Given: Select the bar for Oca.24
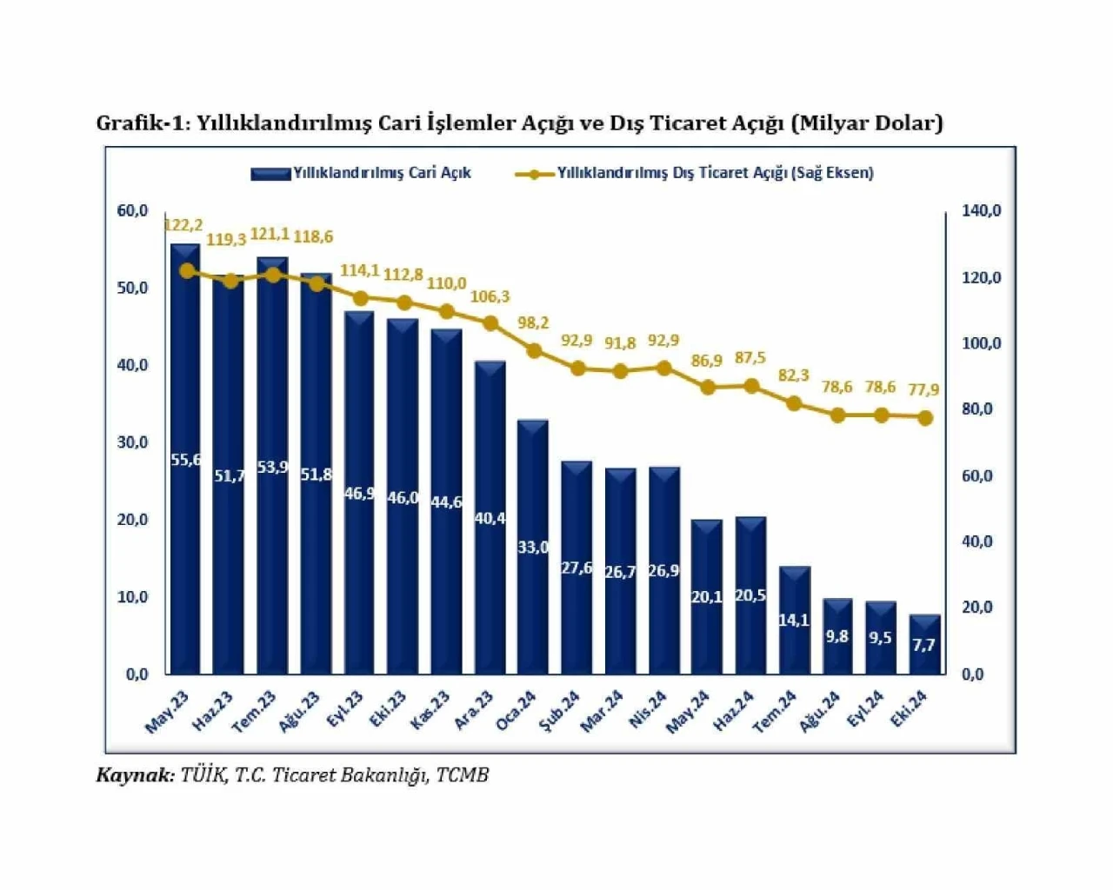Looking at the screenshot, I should coord(533,548).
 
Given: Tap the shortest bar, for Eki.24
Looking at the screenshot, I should coord(924,645).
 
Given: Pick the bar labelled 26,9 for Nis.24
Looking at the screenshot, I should coord(664,570).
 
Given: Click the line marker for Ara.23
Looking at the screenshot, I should coord(490,323).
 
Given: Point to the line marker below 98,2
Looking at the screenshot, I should coord(534,351).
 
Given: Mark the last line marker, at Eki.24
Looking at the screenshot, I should coord(925,418).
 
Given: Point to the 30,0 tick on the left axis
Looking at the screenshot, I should coord(132,442).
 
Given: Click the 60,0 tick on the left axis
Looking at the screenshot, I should coord(132,210).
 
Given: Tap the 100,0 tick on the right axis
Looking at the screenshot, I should coord(981,343).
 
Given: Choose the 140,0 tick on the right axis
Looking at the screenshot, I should coord(981,210).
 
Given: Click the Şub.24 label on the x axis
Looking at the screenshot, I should coord(560,712).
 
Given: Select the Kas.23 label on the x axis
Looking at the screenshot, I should coord(430,710).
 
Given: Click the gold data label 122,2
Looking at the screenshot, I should coord(183,226).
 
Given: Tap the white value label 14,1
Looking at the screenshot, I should coord(794,620).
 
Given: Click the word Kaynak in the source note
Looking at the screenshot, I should coord(135,775).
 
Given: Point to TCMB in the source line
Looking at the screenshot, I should coord(462,775).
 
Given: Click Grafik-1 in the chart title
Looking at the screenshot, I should coord(141,123).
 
